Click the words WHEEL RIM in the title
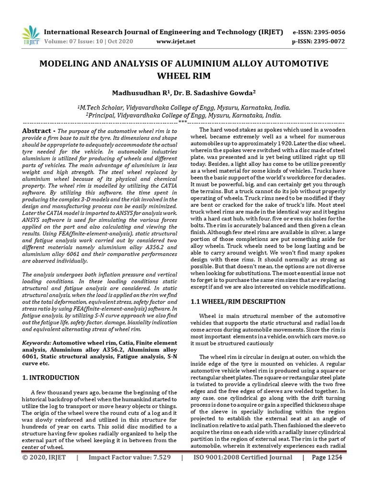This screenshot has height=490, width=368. click(184, 76)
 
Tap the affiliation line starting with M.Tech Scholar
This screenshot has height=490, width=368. click(184, 108)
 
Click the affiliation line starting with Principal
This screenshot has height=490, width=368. click(184, 115)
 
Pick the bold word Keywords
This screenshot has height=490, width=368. click(37, 343)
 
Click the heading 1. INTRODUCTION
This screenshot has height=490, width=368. click(51, 378)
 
